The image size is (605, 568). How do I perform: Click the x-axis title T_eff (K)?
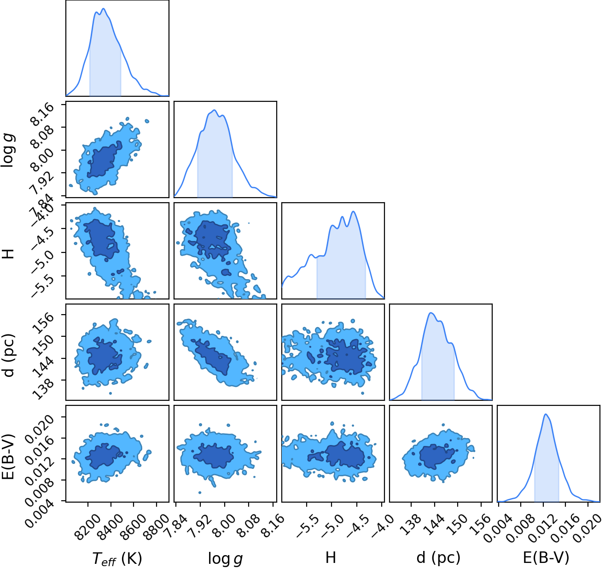tap(117, 558)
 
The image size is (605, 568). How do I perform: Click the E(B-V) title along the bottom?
tap(546, 557)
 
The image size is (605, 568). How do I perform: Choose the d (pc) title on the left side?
tap(9, 355)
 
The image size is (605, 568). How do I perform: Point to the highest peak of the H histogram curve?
tap(353, 211)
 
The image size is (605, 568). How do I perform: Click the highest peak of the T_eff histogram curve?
tap(104, 8)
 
